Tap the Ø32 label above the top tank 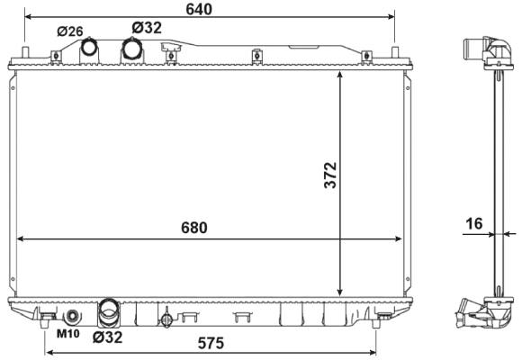pos(146,28)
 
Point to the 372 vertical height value pos(329,175)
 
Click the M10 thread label pos(68,335)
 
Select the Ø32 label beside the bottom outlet pos(108,337)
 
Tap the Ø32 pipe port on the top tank pos(133,50)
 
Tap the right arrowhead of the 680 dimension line pos(399,239)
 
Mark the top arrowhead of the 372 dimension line pos(340,76)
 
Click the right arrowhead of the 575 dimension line pos(373,352)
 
